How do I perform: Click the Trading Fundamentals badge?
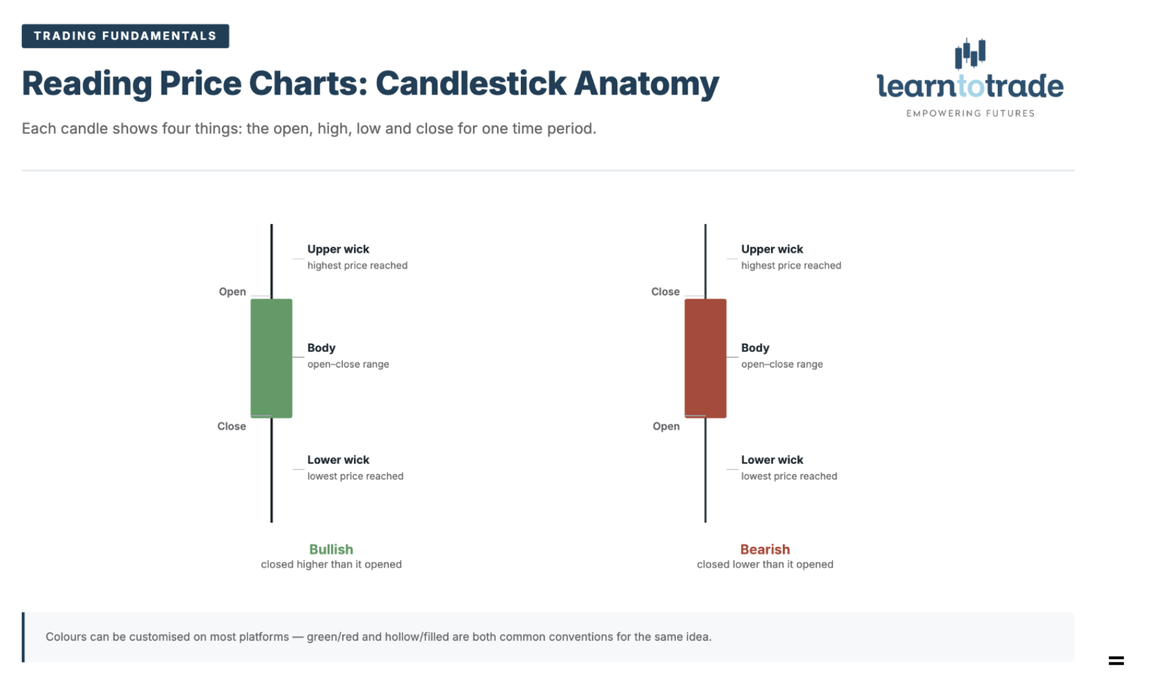(125, 36)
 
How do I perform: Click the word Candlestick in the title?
(471, 84)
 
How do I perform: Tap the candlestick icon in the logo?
(970, 53)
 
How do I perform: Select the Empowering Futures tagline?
(970, 114)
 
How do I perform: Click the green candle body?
(271, 358)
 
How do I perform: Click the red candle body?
(705, 358)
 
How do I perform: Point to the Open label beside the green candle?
(233, 292)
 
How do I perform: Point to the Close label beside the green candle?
(232, 426)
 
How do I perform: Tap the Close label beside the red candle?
(665, 292)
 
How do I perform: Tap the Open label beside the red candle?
(666, 426)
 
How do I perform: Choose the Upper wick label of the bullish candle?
(338, 249)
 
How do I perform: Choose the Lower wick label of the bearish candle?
(772, 460)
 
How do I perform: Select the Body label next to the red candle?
(755, 348)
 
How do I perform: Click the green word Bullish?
(331, 549)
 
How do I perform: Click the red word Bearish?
(765, 549)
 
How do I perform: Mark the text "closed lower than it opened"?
(765, 564)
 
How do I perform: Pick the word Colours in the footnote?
(66, 637)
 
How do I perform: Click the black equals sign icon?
(1117, 661)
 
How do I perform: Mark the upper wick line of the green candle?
(271, 261)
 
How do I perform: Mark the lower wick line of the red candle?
(705, 470)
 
